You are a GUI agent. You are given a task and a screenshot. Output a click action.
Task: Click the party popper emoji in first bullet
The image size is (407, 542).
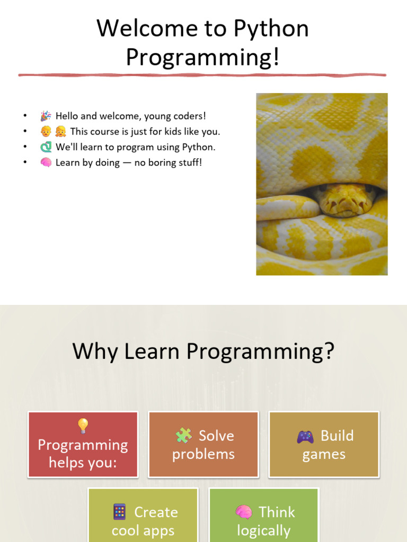tap(46, 116)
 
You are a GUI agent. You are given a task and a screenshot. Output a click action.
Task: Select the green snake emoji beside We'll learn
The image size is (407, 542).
tap(46, 147)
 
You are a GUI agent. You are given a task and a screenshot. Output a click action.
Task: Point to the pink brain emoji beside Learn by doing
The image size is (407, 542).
tap(46, 162)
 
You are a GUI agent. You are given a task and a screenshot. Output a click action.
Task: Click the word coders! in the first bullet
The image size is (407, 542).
tap(189, 116)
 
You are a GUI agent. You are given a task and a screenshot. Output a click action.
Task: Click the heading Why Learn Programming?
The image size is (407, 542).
tap(203, 351)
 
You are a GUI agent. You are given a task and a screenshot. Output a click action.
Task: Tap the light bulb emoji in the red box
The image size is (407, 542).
tap(83, 426)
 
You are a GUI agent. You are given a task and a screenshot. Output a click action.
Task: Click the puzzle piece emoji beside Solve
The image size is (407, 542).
tap(183, 436)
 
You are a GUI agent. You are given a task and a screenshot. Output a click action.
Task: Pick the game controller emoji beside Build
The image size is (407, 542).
tap(305, 437)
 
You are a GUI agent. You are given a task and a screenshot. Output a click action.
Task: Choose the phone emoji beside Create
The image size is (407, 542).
tap(120, 512)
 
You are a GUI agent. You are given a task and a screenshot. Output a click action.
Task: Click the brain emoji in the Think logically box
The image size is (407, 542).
tap(244, 512)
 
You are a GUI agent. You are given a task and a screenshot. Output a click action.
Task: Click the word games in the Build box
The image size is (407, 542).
tap(324, 455)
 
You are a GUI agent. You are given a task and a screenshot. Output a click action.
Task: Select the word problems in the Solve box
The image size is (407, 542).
tap(203, 454)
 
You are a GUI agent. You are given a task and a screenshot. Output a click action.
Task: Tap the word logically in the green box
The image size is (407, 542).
tap(263, 530)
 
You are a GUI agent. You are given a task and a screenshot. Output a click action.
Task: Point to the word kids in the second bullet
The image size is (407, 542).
tap(165, 132)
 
